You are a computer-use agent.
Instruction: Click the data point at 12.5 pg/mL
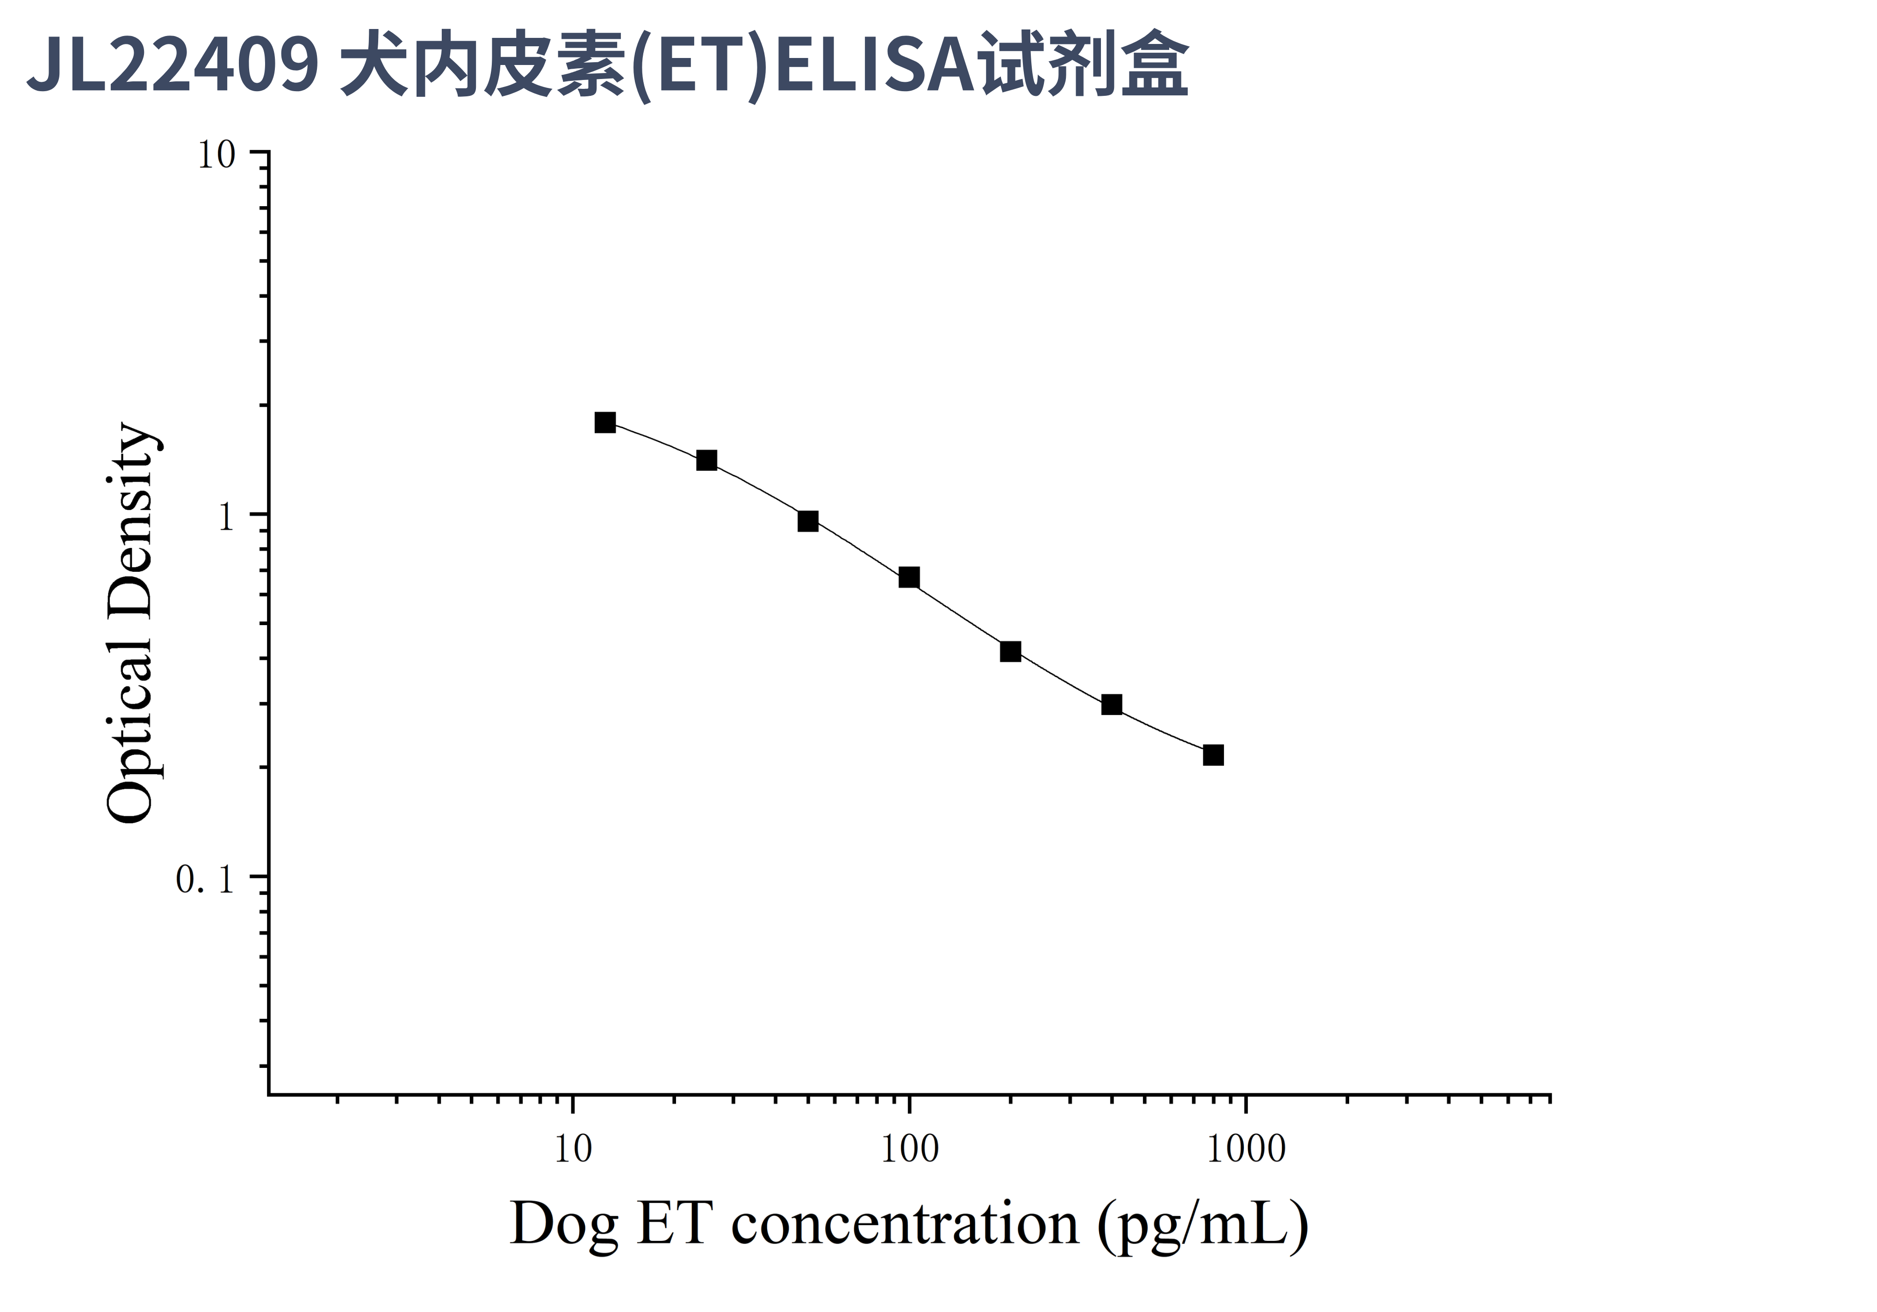605,423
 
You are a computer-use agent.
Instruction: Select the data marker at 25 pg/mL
706,460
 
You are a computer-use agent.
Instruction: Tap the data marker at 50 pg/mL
808,521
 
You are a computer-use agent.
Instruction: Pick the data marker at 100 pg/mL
909,578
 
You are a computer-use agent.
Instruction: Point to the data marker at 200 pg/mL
1010,651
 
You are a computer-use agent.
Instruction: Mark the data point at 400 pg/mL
1112,705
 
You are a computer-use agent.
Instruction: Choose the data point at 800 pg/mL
1213,755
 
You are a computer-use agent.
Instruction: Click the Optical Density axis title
131,623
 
